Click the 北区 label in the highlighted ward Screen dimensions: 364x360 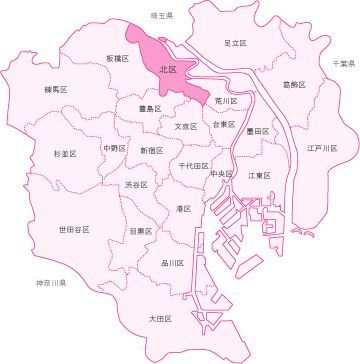click(168, 70)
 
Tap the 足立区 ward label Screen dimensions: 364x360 click(235, 43)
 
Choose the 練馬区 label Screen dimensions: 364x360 click(54, 90)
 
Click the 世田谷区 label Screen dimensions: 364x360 click(74, 229)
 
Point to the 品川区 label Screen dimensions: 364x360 click(172, 262)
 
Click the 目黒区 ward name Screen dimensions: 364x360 click(141, 231)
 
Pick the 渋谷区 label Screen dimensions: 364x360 click(138, 185)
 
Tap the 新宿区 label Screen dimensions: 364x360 click(152, 150)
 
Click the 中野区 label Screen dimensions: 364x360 click(115, 148)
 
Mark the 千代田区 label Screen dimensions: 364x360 click(193, 165)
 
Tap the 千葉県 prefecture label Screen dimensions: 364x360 click(343, 63)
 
